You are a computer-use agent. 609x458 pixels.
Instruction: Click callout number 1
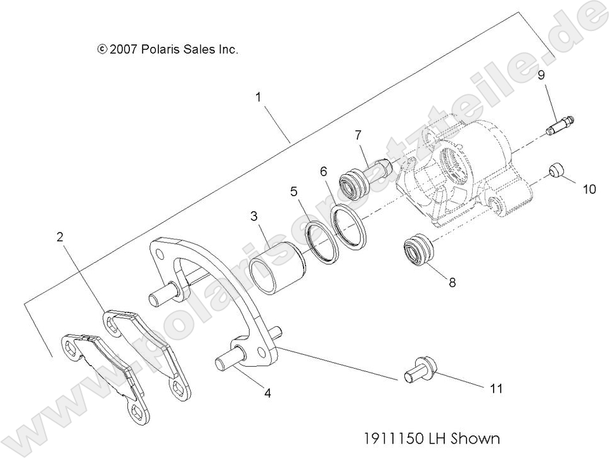(x=259, y=97)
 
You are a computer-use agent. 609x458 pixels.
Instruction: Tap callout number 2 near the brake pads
(x=60, y=238)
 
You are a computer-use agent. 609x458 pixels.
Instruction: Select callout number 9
(x=542, y=75)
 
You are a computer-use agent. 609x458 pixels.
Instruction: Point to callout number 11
(x=496, y=388)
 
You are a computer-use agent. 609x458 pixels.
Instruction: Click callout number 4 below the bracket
(x=267, y=393)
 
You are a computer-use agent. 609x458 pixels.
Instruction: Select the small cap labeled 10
(x=556, y=172)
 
